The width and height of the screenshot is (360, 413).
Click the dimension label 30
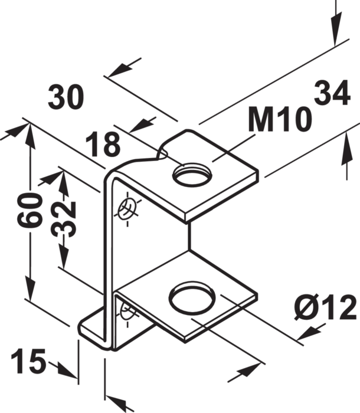[66, 97]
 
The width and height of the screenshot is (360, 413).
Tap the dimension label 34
[332, 93]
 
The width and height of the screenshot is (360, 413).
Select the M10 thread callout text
[280, 119]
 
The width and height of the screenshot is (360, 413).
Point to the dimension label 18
[103, 145]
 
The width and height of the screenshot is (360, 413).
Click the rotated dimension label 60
[30, 210]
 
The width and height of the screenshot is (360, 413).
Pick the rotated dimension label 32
[63, 219]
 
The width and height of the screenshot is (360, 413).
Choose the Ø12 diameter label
[326, 307]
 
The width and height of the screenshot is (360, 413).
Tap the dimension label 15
[28, 361]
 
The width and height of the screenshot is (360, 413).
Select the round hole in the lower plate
[192, 296]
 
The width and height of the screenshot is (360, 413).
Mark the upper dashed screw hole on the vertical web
[128, 209]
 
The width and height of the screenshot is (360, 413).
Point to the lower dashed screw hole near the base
[127, 313]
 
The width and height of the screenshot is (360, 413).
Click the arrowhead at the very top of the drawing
[335, 29]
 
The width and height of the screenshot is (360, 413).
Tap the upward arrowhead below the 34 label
[346, 149]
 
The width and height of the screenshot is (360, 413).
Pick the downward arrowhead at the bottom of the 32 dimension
[63, 255]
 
